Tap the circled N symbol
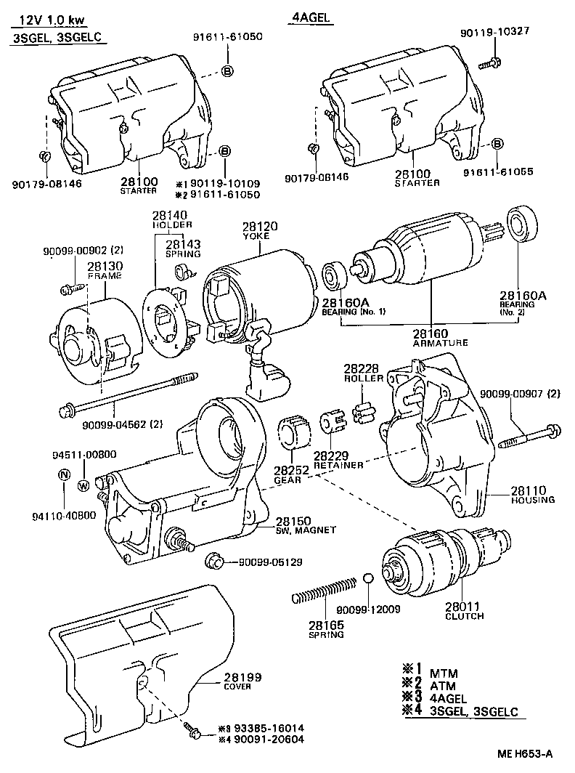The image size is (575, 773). tap(64, 475)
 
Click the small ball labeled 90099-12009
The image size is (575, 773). tap(368, 578)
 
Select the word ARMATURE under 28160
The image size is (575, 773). tap(440, 342)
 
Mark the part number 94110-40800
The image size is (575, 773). tap(63, 516)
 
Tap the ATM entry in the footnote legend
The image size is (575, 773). tap(444, 684)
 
